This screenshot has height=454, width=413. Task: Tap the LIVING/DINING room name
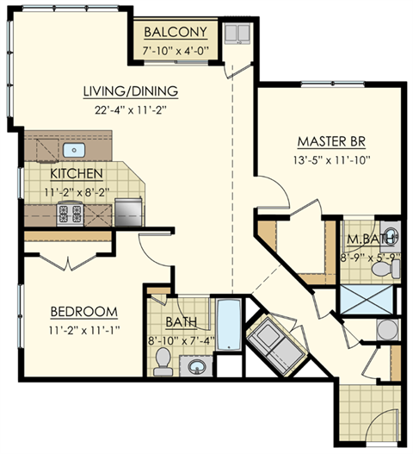click(130, 90)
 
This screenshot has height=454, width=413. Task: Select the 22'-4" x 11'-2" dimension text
click(130, 109)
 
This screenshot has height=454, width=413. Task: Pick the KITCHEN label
click(76, 173)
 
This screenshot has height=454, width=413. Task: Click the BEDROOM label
click(83, 311)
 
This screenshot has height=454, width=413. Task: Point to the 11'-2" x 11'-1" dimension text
click(83, 328)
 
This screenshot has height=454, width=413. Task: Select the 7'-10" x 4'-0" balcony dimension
click(175, 51)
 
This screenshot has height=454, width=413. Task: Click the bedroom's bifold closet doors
click(60, 259)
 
